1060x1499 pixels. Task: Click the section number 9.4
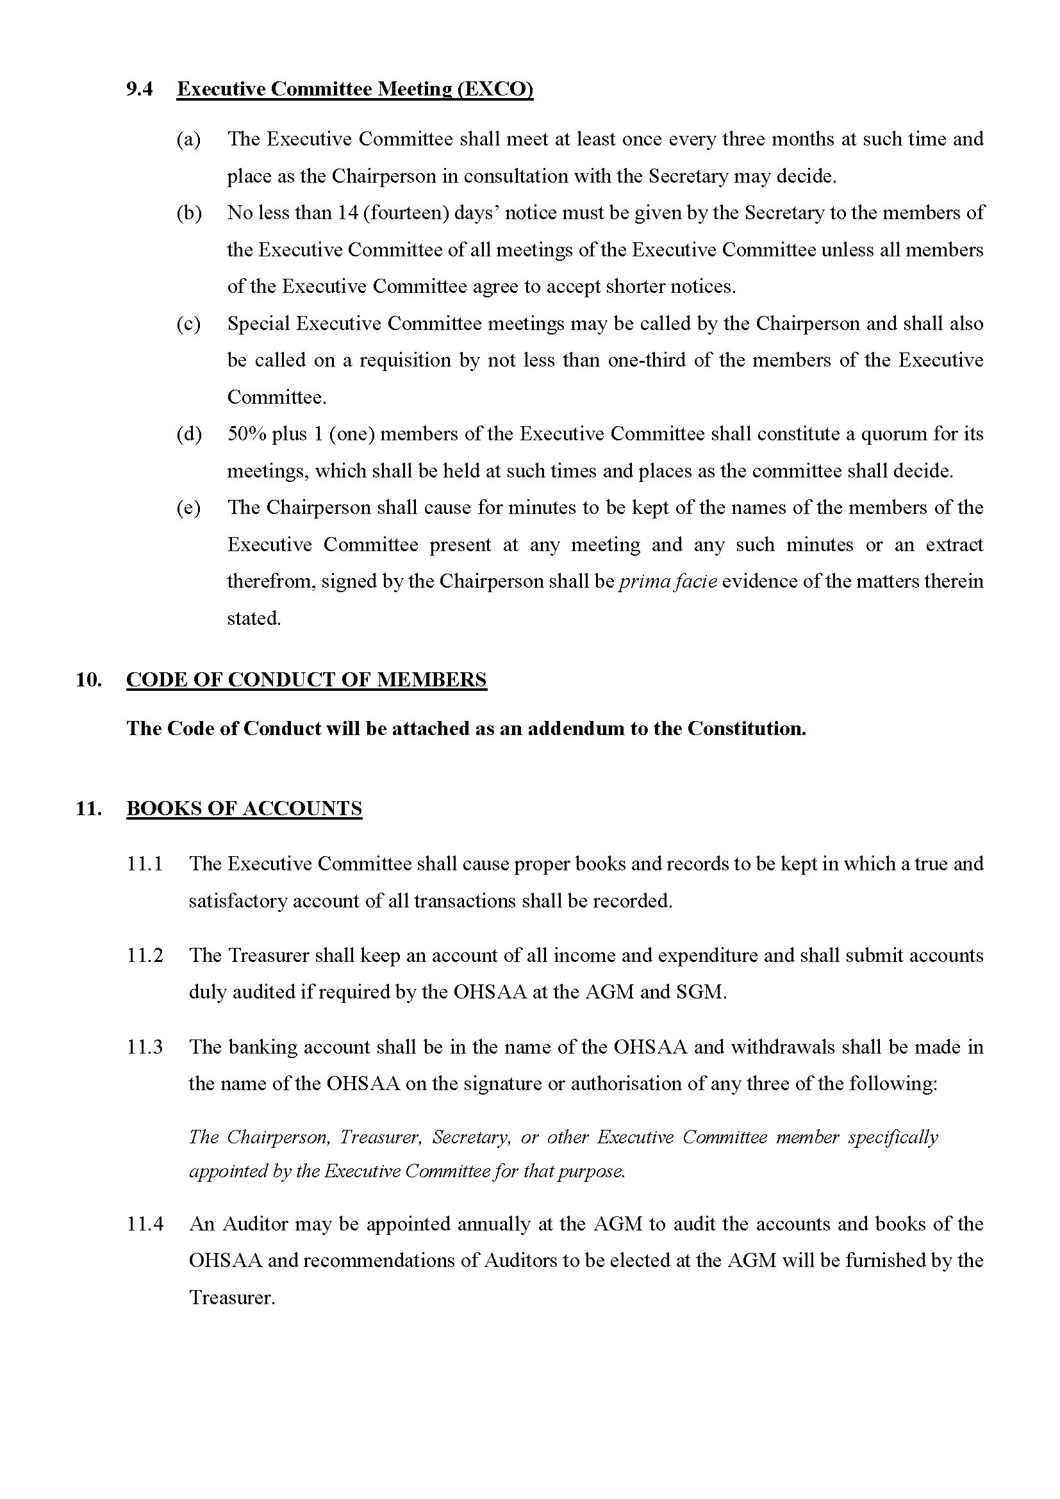139,89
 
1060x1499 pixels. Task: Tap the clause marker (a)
188,139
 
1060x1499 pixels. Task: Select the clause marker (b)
188,213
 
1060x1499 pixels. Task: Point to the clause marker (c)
188,324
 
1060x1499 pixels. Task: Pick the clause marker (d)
188,434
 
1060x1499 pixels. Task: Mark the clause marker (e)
188,508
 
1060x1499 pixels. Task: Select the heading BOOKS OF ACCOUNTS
244,809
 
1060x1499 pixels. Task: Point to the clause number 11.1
144,864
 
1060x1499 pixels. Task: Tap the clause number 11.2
144,955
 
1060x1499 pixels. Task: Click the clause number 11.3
144,1047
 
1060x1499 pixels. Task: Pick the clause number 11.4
144,1224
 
